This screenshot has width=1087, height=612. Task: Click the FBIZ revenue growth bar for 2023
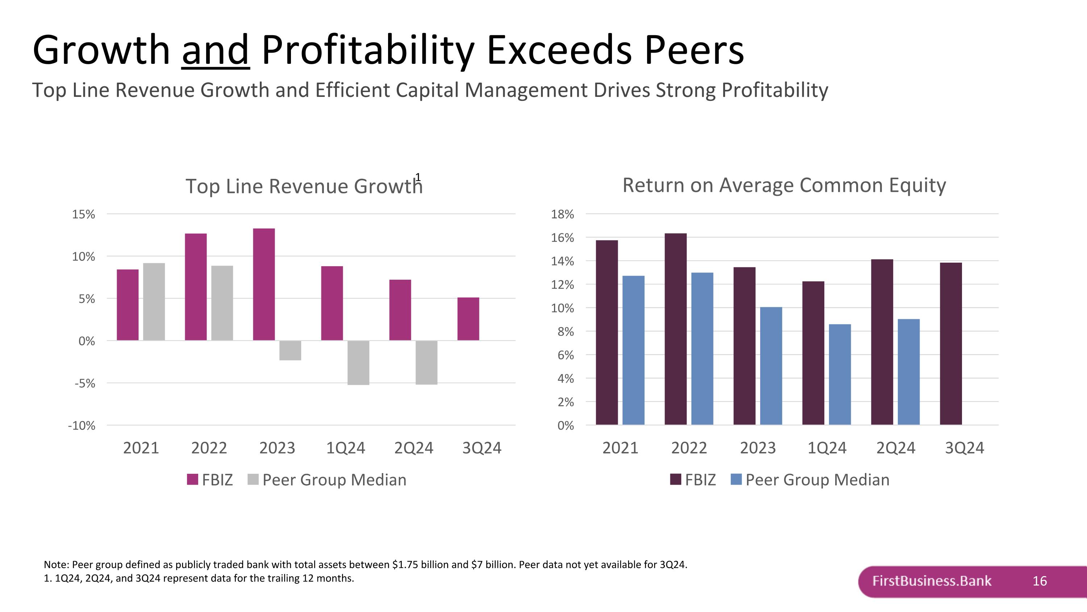[264, 284]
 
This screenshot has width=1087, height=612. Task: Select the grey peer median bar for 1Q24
[358, 362]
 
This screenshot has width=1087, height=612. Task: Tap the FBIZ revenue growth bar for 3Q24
[468, 319]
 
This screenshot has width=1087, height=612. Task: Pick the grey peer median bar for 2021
[154, 301]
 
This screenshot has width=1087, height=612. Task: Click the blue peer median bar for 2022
[702, 349]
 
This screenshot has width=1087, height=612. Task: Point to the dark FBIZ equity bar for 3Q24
[951, 344]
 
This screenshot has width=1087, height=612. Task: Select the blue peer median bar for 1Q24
[840, 374]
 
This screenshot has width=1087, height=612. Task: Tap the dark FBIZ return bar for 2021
[607, 332]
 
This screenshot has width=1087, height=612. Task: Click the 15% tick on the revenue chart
[84, 214]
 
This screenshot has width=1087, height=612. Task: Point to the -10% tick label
[82, 426]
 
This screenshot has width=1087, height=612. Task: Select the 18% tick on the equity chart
[562, 214]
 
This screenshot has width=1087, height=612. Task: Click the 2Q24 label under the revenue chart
[413, 448]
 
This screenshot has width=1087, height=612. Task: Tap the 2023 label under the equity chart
[758, 448]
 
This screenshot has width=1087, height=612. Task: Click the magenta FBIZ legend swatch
[192, 479]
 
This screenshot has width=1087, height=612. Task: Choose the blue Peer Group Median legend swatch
[736, 479]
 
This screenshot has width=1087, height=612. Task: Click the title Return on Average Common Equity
[784, 185]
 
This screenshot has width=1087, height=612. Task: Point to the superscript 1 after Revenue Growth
[418, 177]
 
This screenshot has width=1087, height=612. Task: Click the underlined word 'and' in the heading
[216, 50]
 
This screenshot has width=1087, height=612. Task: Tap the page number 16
[1040, 581]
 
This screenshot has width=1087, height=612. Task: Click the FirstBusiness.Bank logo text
[932, 581]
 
